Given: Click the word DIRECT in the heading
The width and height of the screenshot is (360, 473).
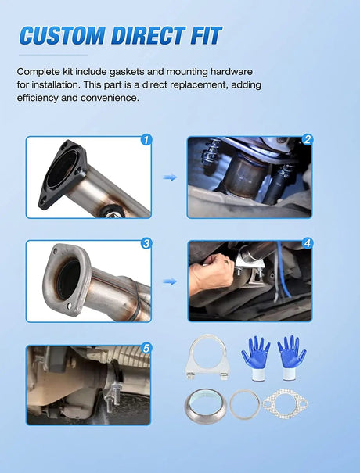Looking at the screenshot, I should coord(146,35).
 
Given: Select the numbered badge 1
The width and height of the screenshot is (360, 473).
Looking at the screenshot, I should coord(145,141).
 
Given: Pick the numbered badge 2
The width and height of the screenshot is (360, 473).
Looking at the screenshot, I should coord(308,141).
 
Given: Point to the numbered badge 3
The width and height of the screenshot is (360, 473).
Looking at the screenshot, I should coord(146,243).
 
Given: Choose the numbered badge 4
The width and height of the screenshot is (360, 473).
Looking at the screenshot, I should coord(308,243).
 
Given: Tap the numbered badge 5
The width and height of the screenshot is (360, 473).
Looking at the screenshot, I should coord(146,348).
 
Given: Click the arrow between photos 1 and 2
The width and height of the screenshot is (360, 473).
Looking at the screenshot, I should coord(169,177).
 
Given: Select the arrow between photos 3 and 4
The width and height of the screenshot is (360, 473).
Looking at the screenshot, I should coord(169,281).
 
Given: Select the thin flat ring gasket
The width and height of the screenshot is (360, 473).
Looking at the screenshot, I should coord(243,405).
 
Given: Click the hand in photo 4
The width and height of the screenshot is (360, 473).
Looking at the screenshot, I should coord(211,274).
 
